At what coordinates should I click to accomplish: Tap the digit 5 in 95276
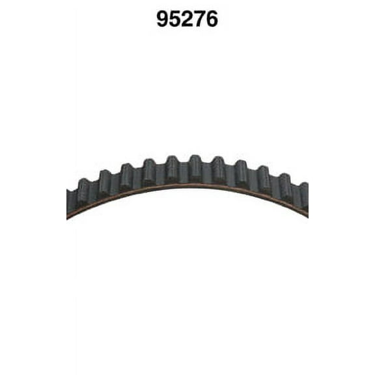175,19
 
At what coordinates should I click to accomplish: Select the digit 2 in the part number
187,19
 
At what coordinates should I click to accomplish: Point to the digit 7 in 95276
199,19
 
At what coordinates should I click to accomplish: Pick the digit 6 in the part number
211,19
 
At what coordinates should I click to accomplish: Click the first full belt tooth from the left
83,191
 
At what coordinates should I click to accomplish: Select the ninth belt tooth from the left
263,178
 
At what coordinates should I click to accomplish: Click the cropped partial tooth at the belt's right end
303,195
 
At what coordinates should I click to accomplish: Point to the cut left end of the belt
69,203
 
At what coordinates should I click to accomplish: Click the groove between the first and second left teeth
94,191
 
